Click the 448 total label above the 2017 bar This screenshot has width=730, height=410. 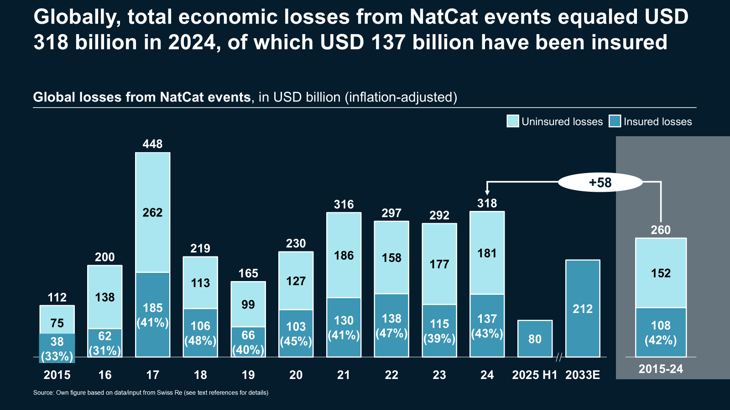152,144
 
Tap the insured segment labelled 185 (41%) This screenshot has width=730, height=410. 152,315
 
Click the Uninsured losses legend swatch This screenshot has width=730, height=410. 513,121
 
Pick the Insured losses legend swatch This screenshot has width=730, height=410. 615,121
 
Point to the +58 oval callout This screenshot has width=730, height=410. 600,183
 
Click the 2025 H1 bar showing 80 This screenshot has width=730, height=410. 535,338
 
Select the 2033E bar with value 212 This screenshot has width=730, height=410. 583,308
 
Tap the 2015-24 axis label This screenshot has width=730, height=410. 661,369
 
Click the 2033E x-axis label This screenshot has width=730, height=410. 583,375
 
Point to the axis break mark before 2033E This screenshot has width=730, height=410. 558,357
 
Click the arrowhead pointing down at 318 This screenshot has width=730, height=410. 487,193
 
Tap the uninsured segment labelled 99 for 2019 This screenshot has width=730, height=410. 248,304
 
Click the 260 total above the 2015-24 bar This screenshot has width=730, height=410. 661,230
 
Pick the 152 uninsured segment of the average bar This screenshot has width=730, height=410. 661,273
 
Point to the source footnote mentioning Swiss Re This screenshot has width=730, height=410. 151,393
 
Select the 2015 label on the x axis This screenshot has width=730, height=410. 57,375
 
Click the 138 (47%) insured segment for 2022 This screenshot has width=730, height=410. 391,325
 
